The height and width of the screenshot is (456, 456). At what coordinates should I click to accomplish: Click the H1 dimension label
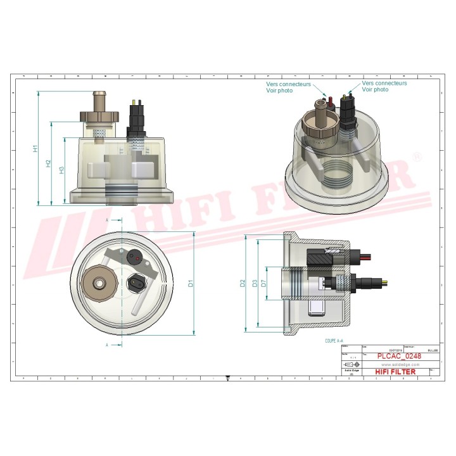(36, 149)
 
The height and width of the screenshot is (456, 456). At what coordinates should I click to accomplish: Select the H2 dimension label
(48, 163)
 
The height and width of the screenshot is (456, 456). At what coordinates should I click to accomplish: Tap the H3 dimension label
(61, 170)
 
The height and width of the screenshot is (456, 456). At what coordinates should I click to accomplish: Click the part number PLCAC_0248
(399, 357)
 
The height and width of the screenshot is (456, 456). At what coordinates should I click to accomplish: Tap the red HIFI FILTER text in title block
(396, 372)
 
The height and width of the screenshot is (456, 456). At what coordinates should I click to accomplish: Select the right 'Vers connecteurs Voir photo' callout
(384, 87)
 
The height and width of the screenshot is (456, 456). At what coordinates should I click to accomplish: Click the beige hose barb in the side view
(98, 101)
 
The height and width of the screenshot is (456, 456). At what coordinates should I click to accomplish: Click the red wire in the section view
(367, 256)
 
